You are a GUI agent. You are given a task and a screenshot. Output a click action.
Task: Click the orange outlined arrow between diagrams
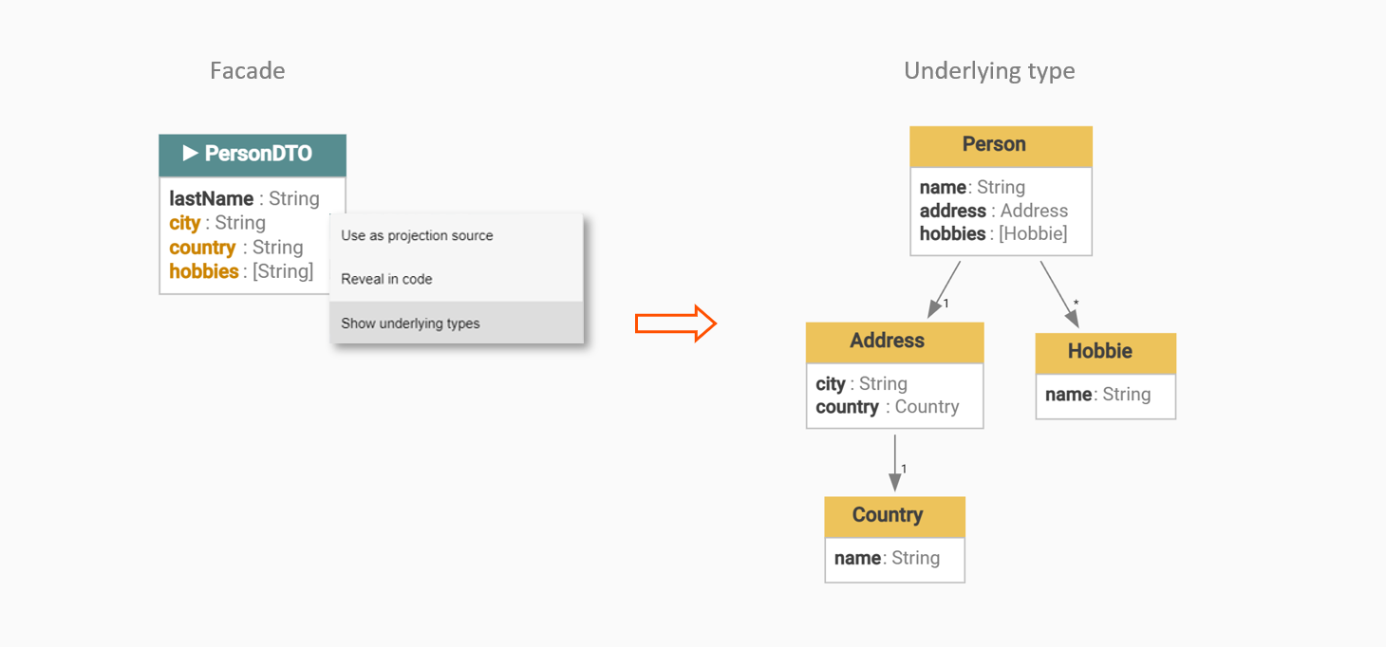(676, 323)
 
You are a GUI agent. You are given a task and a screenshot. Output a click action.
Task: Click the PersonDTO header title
(258, 154)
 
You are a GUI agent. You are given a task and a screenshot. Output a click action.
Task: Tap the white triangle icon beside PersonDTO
(190, 153)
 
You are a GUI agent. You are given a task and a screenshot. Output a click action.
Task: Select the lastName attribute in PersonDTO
(211, 198)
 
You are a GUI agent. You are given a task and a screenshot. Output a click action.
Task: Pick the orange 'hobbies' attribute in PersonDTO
(203, 271)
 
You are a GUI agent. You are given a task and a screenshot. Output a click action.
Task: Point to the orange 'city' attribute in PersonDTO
(184, 223)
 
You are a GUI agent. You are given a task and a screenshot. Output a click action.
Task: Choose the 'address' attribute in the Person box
(953, 211)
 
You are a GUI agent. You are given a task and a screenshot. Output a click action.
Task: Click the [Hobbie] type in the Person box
(1033, 233)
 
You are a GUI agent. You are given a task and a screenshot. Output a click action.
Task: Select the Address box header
(894, 342)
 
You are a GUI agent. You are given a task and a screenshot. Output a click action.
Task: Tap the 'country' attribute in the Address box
(847, 407)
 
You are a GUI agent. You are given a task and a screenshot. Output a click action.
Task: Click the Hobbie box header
(1106, 353)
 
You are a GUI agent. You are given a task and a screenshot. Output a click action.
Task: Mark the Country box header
(894, 516)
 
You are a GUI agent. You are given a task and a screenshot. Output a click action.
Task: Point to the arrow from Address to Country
(894, 463)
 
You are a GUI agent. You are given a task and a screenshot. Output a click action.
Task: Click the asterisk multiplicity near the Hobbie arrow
(1076, 303)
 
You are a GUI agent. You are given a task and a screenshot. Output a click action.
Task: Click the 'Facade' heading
(248, 70)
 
